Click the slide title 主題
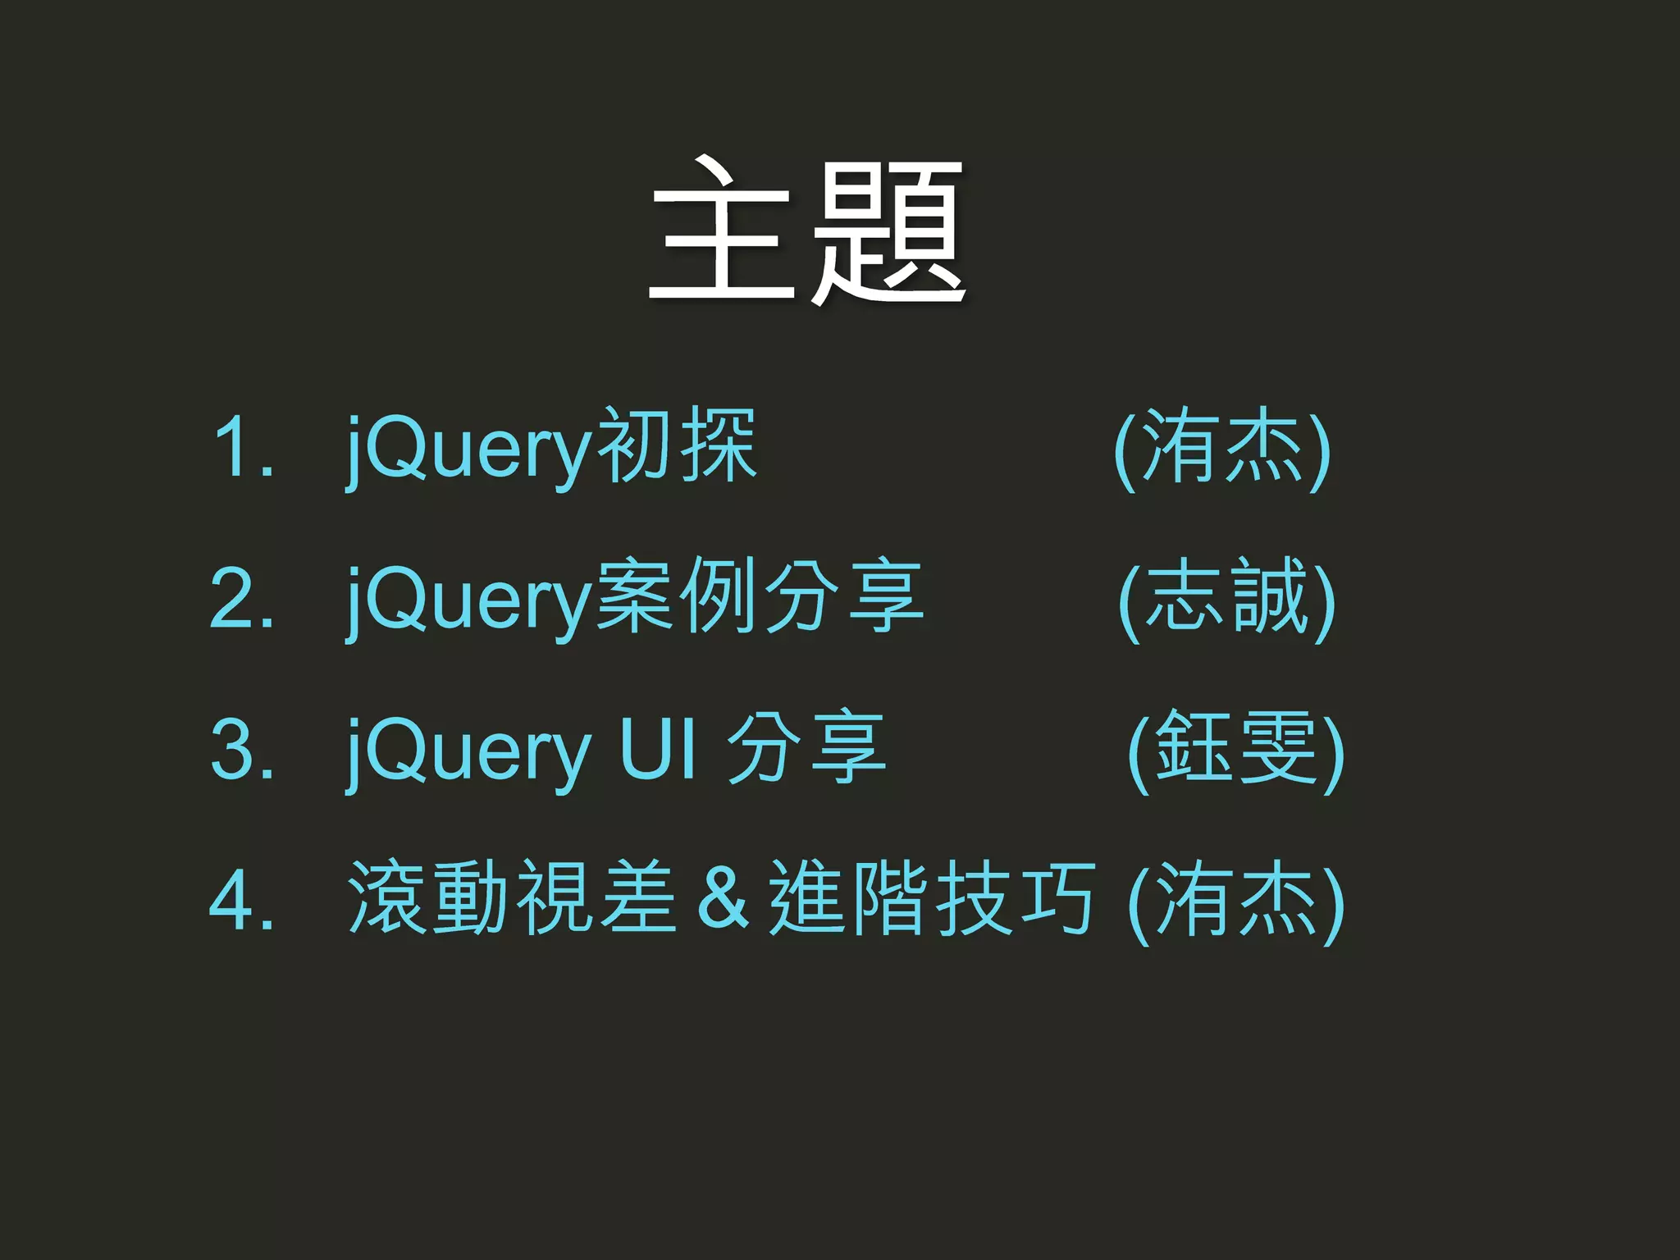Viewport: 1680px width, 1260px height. (x=807, y=232)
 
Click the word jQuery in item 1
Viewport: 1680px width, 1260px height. (x=468, y=450)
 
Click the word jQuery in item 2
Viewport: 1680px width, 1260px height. (x=468, y=600)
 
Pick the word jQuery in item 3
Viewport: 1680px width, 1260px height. (x=468, y=751)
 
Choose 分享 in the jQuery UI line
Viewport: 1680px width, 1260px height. (x=806, y=748)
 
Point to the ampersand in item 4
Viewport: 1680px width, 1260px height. (x=722, y=900)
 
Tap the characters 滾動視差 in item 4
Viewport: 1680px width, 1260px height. (x=512, y=899)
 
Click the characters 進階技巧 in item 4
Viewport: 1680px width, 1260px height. (x=932, y=899)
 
